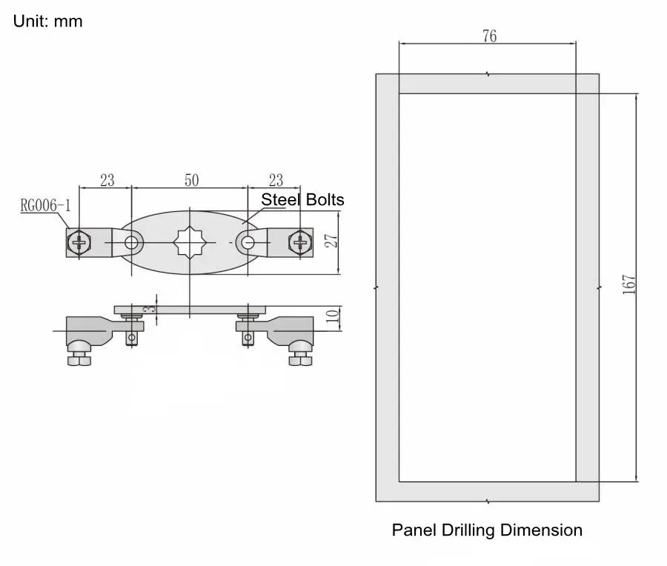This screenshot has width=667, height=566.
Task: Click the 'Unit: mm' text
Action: point(48,21)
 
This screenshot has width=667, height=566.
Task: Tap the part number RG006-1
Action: point(44,205)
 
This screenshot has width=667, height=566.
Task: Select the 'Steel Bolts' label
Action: point(302,199)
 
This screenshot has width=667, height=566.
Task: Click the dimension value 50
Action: point(191,180)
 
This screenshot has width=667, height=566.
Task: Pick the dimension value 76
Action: point(489,36)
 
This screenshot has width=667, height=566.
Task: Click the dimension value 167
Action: point(629,286)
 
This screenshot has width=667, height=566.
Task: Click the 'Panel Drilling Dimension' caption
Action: point(487,530)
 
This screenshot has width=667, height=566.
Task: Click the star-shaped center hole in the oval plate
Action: point(190,242)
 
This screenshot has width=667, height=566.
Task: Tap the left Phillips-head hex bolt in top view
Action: point(80,242)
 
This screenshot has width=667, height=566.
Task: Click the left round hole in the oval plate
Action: point(133,242)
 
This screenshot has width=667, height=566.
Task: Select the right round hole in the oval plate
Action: point(247,242)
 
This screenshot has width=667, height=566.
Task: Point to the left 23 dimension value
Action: point(107,180)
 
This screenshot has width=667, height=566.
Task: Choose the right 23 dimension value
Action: point(275,180)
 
